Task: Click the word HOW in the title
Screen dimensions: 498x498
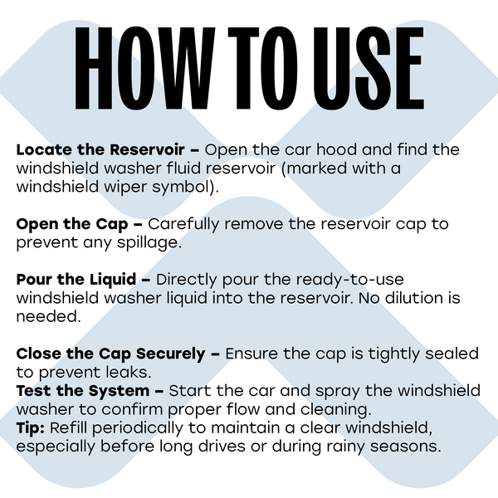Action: pyautogui.click(x=144, y=69)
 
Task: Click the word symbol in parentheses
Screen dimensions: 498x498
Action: pyautogui.click(x=185, y=187)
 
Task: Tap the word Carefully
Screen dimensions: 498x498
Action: pyautogui.click(x=183, y=225)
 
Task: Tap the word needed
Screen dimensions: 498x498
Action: pyautogui.click(x=49, y=317)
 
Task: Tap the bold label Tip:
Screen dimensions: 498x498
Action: pyautogui.click(x=31, y=428)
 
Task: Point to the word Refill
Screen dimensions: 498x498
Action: pyautogui.click(x=68, y=427)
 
